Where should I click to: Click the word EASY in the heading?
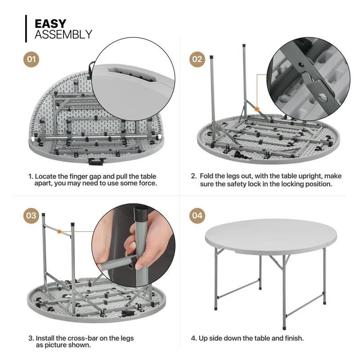[50, 23]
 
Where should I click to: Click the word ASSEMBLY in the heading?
[63, 35]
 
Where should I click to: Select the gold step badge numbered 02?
[197, 59]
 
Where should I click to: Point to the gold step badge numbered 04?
[197, 215]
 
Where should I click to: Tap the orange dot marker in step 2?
[256, 108]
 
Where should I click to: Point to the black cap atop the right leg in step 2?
[244, 46]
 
